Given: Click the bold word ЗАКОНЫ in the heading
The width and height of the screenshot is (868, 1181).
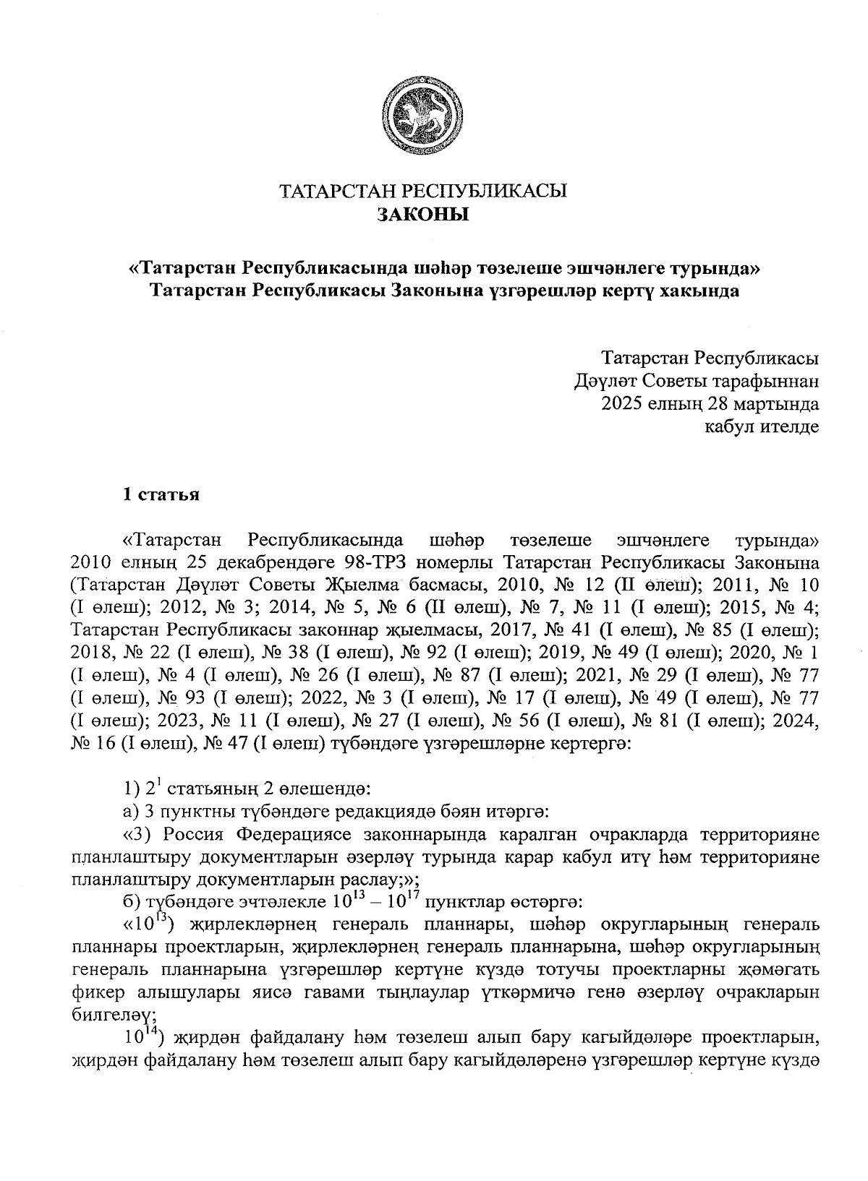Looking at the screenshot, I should [423, 215].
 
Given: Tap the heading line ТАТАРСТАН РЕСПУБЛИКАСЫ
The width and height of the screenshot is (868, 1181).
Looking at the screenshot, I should [423, 192].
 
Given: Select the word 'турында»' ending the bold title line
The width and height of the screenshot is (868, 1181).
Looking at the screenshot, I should [713, 268].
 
